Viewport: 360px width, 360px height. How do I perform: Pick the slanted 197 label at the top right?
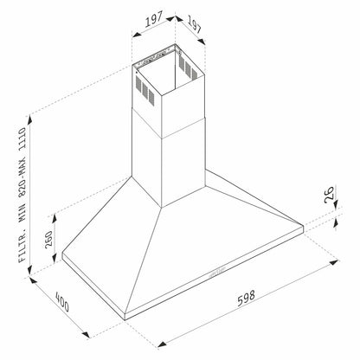tap(193, 28)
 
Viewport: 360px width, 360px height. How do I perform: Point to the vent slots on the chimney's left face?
tap(145, 87)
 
